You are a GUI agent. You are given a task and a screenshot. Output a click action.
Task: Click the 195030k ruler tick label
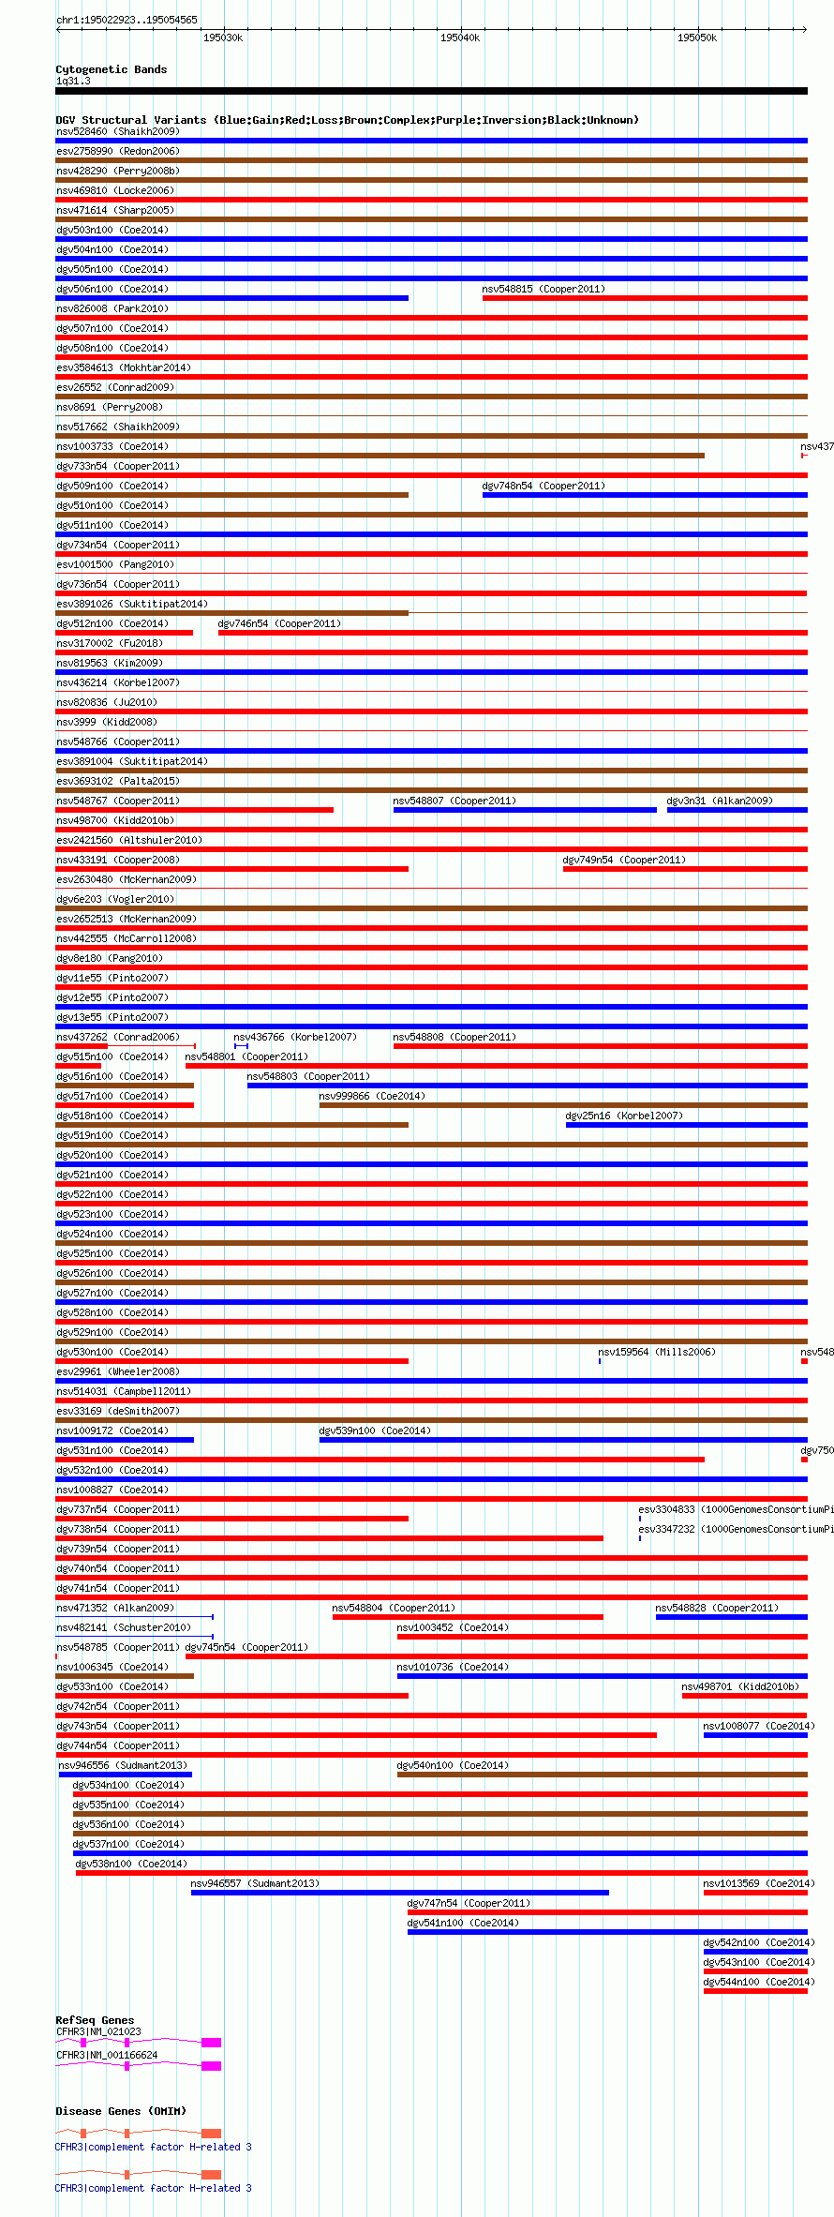223,37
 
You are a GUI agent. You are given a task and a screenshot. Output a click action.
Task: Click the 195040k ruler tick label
460,37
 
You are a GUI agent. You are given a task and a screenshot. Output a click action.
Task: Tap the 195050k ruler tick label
697,37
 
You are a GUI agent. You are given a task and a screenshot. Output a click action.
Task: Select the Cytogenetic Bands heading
112,69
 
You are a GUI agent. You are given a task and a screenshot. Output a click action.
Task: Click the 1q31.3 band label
73,81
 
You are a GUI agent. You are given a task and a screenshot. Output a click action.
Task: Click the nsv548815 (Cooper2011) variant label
544,289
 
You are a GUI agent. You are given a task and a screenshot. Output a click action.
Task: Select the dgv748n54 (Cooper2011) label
544,486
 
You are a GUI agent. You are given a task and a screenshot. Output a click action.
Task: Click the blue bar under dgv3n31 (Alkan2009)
737,810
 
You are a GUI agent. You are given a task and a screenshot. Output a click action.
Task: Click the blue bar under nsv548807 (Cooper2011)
525,810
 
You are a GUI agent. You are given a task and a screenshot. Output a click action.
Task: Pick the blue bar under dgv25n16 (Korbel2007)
686,1125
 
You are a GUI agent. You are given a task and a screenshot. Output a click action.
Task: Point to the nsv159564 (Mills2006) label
657,1352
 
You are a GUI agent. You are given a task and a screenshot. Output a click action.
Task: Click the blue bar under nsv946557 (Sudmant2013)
399,1893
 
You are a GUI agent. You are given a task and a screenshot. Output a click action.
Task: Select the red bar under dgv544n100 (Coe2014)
755,1991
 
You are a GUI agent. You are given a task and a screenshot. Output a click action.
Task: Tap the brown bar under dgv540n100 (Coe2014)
602,1775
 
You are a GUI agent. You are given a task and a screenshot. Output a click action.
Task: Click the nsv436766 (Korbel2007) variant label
295,1037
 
